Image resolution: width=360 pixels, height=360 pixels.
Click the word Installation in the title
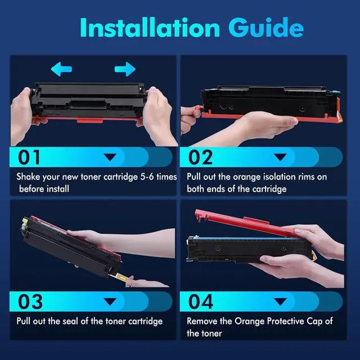tap(150, 28)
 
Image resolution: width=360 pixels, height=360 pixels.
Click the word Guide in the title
tap(266, 28)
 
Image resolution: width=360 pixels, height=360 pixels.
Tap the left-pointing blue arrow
tap(61, 69)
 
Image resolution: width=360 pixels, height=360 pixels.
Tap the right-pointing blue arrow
tap(125, 69)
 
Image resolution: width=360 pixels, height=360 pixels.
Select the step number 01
tap(29, 157)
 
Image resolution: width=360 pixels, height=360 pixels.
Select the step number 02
tap(200, 157)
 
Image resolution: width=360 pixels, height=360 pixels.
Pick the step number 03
tap(30, 301)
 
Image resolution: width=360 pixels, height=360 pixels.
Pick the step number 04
tap(201, 301)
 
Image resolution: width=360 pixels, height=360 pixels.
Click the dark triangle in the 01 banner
tap(110, 157)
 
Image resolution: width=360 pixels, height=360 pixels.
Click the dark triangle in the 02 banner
tap(281, 157)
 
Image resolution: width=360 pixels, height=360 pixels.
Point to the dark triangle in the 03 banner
tap(110, 301)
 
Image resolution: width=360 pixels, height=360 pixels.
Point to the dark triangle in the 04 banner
tap(281, 301)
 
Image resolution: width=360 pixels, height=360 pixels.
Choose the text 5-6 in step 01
tap(147, 177)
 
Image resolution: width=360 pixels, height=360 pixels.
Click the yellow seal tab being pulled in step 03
tap(121, 277)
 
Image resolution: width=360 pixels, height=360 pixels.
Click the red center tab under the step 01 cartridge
tap(90, 120)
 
